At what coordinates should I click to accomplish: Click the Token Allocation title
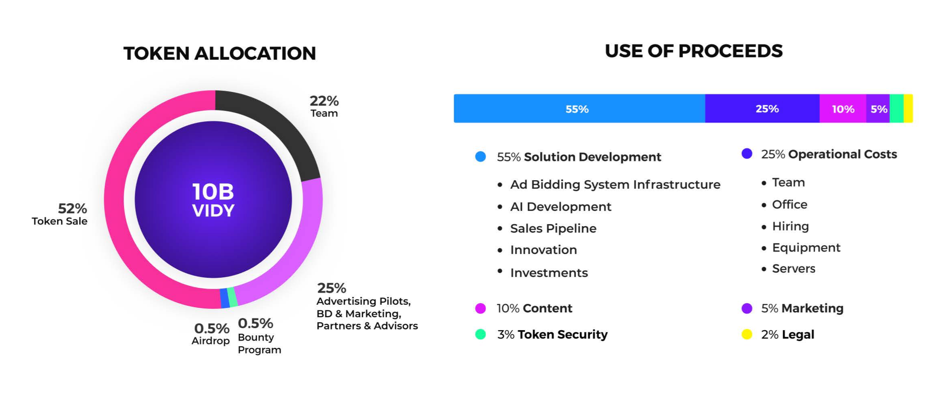[220, 54]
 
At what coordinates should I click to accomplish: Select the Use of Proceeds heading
[693, 51]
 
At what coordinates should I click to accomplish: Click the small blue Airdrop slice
[224, 299]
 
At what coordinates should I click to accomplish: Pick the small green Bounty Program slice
[232, 297]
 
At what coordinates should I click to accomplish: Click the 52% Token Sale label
[61, 214]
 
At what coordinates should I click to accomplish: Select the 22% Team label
[324, 106]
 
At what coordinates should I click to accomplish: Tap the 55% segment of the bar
[577, 109]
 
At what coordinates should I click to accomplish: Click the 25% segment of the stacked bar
[763, 109]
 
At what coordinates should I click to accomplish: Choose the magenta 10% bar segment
[843, 109]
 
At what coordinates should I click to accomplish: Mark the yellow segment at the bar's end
[908, 109]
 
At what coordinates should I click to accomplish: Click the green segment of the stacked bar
[896, 109]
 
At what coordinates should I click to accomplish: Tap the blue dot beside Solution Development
[480, 157]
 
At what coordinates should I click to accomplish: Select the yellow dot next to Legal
[747, 335]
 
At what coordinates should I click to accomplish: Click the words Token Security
[562, 335]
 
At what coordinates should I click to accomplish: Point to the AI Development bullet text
[561, 207]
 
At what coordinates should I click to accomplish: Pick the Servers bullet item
[794, 269]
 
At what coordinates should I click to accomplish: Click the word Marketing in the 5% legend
[812, 308]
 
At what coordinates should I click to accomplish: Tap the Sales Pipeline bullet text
[553, 229]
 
